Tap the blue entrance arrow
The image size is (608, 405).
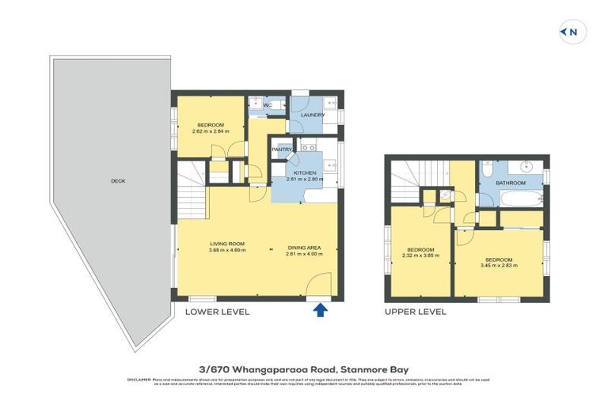pos(320,311)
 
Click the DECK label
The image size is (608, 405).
pos(118,181)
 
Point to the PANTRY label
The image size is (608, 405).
pos(282,150)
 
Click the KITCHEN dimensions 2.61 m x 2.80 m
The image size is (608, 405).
pos(305,180)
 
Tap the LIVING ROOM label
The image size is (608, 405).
pos(227,244)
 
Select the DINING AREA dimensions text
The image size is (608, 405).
pos(305,253)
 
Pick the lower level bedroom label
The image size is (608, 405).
pos(211,125)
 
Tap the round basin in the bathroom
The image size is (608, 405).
pos(528,168)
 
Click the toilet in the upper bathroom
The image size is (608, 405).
pos(488,168)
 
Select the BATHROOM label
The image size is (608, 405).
pos(511,183)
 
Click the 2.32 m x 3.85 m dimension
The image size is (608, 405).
pos(420,255)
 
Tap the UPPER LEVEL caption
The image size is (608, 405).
pos(415,312)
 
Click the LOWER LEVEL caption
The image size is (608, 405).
pos(217,312)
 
